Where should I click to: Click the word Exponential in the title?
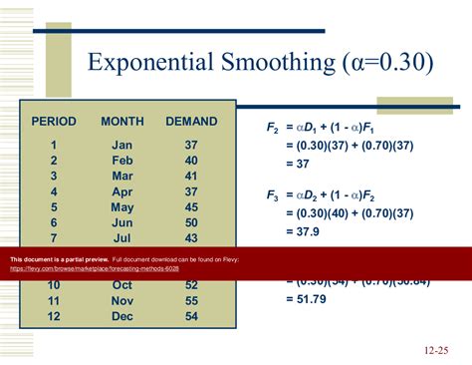click(x=147, y=63)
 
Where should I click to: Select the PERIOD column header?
click(x=54, y=122)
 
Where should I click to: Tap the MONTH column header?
click(x=122, y=122)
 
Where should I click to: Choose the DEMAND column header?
click(x=191, y=122)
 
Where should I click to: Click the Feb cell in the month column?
click(x=122, y=161)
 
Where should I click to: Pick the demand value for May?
click(x=191, y=207)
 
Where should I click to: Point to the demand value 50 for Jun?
click(x=191, y=223)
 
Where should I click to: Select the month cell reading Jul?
click(x=122, y=239)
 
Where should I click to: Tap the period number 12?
click(x=54, y=316)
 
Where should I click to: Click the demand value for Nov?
click(x=191, y=300)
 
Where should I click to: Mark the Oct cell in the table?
click(x=122, y=285)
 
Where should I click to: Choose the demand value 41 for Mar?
click(x=191, y=177)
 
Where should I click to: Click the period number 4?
click(x=54, y=191)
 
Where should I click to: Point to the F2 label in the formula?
click(x=272, y=129)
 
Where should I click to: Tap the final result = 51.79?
click(x=310, y=298)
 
